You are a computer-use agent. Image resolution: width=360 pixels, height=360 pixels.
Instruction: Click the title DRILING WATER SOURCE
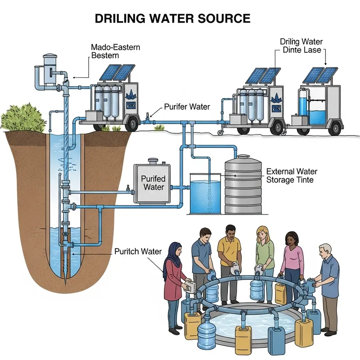(172, 18)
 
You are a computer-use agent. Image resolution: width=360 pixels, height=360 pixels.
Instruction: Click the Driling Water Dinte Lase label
(301, 46)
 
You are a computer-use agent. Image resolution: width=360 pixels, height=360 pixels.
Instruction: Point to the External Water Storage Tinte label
(292, 176)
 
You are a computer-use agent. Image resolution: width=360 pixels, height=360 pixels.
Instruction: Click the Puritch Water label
(138, 251)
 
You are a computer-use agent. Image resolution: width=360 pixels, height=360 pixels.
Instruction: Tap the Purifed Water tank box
(153, 183)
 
